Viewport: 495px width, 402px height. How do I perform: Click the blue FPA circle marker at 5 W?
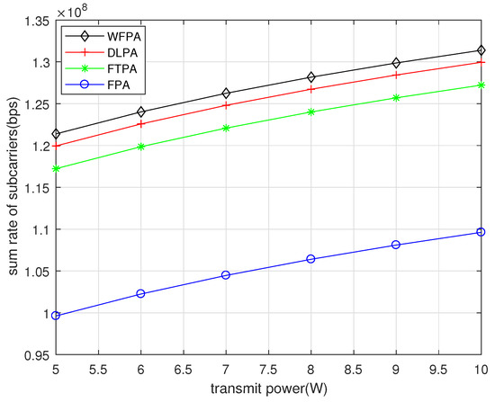[56, 316]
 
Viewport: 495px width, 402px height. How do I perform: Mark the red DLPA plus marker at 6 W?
[141, 123]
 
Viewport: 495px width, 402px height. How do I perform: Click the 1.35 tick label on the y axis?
[36, 22]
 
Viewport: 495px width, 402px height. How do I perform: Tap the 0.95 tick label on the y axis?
[36, 355]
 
